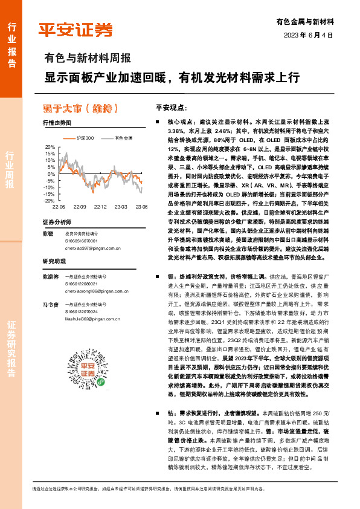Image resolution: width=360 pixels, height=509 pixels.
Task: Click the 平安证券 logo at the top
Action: tap(75, 30)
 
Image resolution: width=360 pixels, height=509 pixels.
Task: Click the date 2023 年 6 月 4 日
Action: tap(308, 34)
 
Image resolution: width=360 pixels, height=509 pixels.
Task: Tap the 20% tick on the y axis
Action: tap(50, 147)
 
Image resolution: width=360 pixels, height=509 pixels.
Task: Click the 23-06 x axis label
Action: tap(141, 207)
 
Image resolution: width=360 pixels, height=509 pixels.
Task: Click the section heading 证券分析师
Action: tap(57, 222)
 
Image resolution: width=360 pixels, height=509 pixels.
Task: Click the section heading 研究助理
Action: tap(53, 261)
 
